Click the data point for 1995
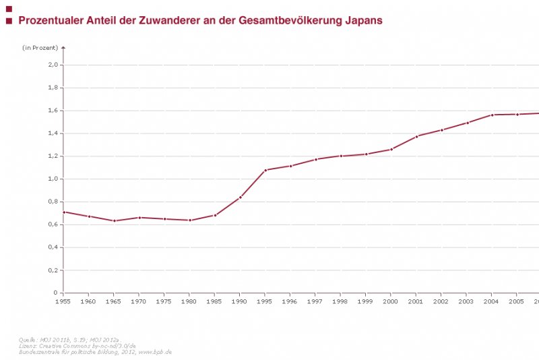click(x=265, y=170)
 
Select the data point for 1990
click(x=240, y=198)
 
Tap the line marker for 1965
click(x=114, y=220)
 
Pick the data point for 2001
click(x=416, y=136)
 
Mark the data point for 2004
click(x=492, y=115)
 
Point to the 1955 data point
click(x=63, y=212)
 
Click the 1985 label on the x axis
click(x=214, y=301)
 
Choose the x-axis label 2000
click(x=391, y=301)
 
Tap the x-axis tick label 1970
click(x=139, y=301)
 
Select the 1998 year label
click(x=340, y=301)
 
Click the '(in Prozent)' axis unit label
click(x=40, y=48)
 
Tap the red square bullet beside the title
click(x=9, y=21)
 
